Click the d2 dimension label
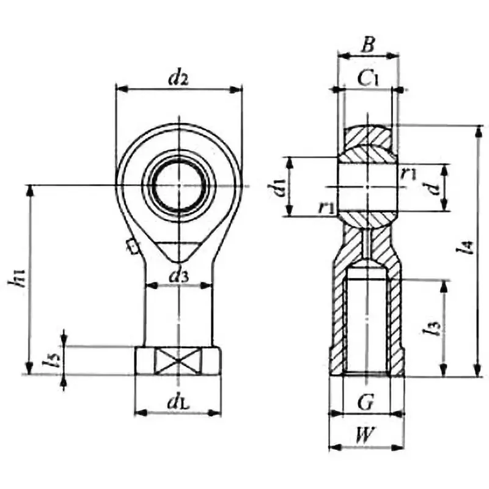pyautogui.click(x=178, y=78)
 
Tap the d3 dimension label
pyautogui.click(x=179, y=276)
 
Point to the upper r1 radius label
pyautogui.click(x=409, y=173)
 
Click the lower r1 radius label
pyautogui.click(x=326, y=207)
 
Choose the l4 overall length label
pyautogui.click(x=467, y=247)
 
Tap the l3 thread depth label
pyautogui.click(x=435, y=329)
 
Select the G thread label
pyautogui.click(x=365, y=403)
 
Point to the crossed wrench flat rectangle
pyautogui.click(x=178, y=360)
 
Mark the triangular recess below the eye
pyautogui.click(x=180, y=251)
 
